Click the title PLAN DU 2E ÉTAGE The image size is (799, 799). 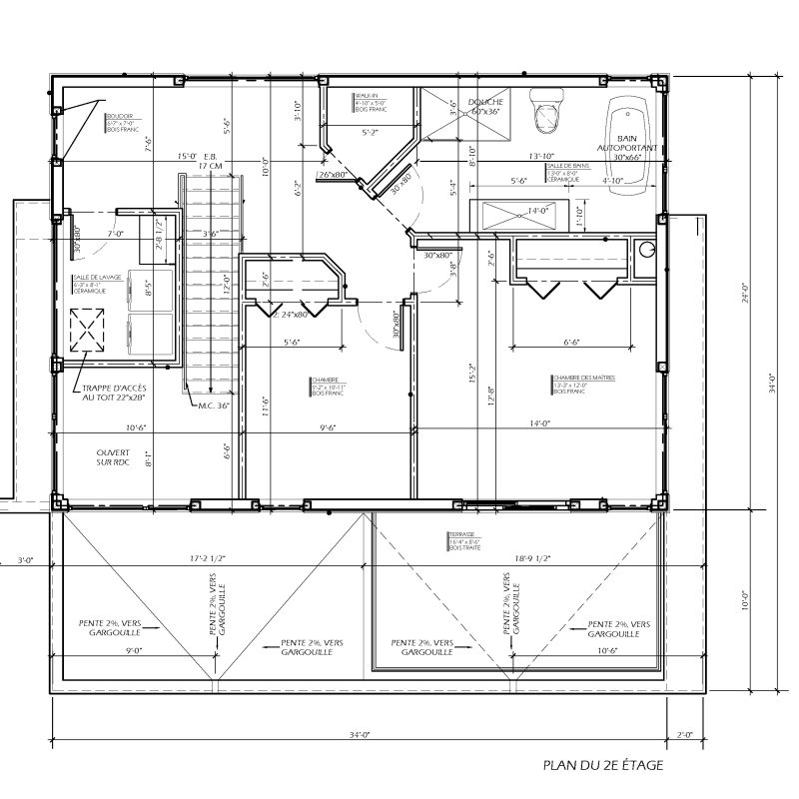pos(602,766)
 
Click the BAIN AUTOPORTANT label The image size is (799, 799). pos(627,147)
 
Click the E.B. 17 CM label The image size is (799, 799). pos(211,161)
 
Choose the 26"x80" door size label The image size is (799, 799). pos(331,175)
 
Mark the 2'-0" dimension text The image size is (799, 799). pos(685,734)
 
